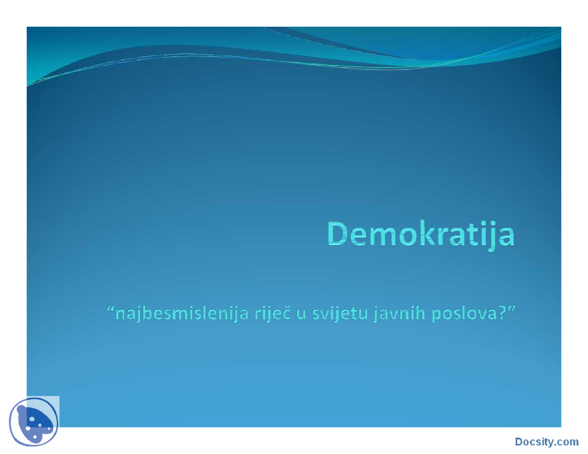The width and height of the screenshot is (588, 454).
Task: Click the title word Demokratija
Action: tap(421, 234)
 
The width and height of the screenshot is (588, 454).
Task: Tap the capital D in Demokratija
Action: tap(339, 234)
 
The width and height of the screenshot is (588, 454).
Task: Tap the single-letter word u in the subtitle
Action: tap(301, 314)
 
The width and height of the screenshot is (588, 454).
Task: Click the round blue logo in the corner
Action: tap(34, 422)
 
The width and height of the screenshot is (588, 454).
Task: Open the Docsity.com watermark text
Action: tap(547, 442)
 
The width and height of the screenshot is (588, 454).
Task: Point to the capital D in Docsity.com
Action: tap(519, 442)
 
